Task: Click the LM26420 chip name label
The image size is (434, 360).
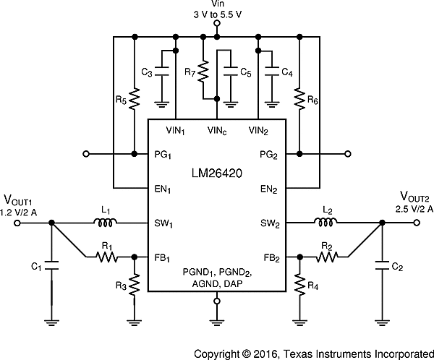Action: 217,173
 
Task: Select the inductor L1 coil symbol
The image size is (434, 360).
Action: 106,223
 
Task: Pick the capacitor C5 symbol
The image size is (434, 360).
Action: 230,72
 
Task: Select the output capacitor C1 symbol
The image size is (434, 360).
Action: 50,266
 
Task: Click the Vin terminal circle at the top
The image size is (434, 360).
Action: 216,23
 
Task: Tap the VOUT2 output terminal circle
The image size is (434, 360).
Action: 416,223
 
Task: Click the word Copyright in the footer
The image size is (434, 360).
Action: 218,352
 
